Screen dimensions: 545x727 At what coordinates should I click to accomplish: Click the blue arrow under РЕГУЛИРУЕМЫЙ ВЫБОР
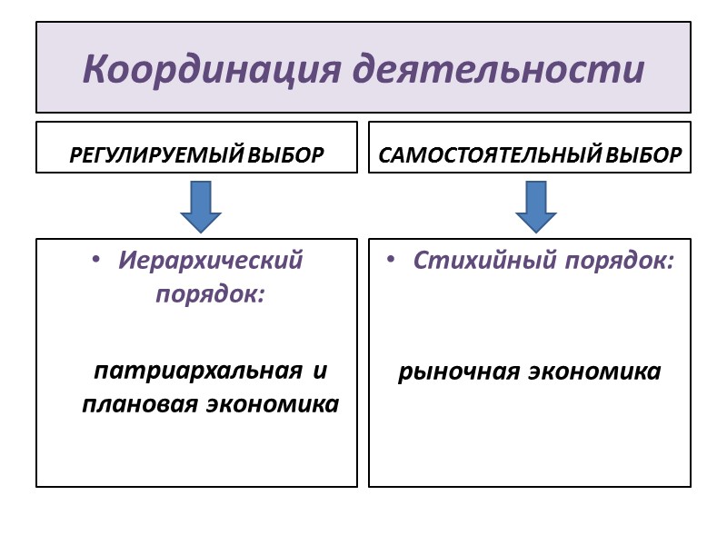point(201,205)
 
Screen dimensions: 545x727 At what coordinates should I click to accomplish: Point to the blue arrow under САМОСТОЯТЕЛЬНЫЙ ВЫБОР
point(536,205)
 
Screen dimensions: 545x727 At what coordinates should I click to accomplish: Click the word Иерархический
point(210,261)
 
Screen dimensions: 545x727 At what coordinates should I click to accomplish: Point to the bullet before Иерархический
point(96,262)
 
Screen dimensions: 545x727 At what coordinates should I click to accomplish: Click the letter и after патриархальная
point(319,372)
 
